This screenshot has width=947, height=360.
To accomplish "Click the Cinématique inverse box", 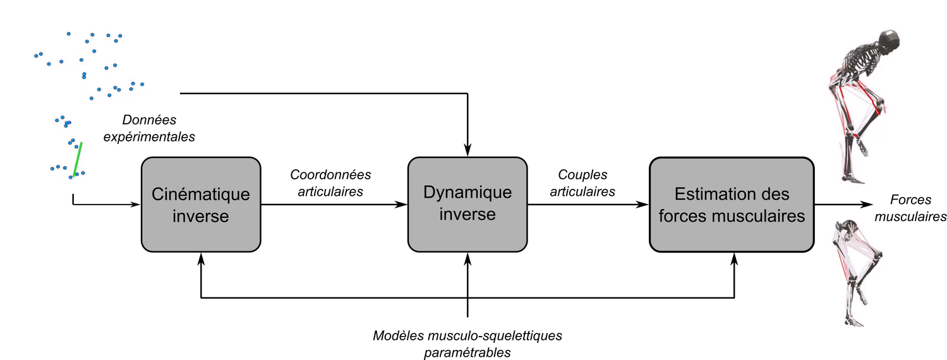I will [200, 204].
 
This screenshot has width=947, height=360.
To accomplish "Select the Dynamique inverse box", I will [467, 204].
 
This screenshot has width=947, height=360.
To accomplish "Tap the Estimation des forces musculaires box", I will [732, 204].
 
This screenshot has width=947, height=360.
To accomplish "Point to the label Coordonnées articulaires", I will [330, 183].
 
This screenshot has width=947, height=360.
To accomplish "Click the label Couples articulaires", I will [582, 183].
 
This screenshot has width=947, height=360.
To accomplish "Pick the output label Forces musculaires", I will [914, 208].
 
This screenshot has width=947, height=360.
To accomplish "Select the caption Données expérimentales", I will [149, 127].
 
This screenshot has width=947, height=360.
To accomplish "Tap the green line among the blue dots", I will [76, 159].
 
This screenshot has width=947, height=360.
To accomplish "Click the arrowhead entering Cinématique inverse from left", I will [135, 204].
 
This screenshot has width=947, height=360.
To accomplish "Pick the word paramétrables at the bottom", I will [467, 351].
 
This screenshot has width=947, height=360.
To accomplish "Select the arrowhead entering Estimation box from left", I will [644, 204].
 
